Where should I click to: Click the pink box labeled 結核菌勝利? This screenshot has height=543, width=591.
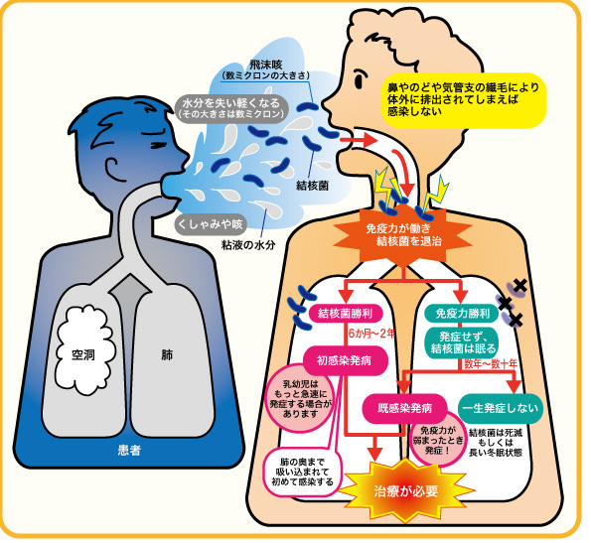click(x=346, y=314)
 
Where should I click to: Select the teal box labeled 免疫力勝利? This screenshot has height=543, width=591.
click(x=462, y=314)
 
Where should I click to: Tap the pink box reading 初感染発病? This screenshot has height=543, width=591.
click(x=344, y=360)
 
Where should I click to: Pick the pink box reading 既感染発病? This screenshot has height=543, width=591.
click(x=405, y=409)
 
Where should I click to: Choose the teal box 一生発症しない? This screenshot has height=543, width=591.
click(x=501, y=409)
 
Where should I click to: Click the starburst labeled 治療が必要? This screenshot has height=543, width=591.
click(x=405, y=490)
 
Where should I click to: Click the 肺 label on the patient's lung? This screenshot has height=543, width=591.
click(x=167, y=354)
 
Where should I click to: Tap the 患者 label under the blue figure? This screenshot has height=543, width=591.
click(x=129, y=450)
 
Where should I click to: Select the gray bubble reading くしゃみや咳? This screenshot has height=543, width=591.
click(x=210, y=224)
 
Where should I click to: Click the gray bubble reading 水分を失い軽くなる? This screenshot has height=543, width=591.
click(x=231, y=108)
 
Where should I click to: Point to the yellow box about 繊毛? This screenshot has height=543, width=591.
click(x=464, y=100)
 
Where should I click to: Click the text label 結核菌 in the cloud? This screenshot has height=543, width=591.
click(x=312, y=186)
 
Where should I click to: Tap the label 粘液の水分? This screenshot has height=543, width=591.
click(x=248, y=245)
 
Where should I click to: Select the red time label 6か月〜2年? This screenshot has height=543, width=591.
click(x=371, y=334)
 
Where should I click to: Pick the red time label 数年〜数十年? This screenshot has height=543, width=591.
click(x=491, y=363)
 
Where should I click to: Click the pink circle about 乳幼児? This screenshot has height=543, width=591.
click(x=300, y=398)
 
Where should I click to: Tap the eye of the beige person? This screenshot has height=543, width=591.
click(x=361, y=79)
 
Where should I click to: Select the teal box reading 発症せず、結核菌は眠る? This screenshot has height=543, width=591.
click(x=463, y=342)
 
